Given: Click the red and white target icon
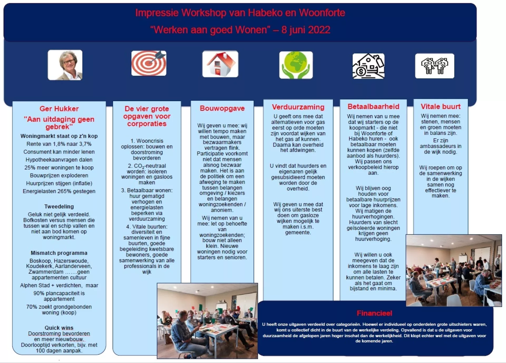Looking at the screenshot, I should pyautogui.click(x=149, y=63).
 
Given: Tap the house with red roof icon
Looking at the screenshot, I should pyautogui.click(x=220, y=64).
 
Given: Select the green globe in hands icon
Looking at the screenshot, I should pyautogui.click(x=296, y=65).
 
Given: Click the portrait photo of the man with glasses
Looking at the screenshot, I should pyautogui.click(x=65, y=65).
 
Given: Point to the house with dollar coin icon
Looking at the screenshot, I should pyautogui.click(x=368, y=66).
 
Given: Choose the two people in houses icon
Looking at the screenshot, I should pyautogui.click(x=435, y=66).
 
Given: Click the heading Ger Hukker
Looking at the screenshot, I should pyautogui.click(x=59, y=109).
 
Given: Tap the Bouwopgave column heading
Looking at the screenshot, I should pyautogui.click(x=222, y=108).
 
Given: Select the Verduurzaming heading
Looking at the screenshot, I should pyautogui.click(x=298, y=107).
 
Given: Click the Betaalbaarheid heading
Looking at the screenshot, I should pyautogui.click(x=373, y=106).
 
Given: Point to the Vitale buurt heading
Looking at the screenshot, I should pyautogui.click(x=440, y=106).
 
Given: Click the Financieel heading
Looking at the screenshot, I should pyautogui.click(x=374, y=313).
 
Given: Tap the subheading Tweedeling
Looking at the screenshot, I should pyautogui.click(x=59, y=207).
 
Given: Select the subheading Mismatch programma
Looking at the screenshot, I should pyautogui.click(x=59, y=253).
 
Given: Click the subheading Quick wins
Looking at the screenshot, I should pyautogui.click(x=59, y=328).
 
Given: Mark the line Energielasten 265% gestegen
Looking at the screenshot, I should pyautogui.click(x=59, y=191).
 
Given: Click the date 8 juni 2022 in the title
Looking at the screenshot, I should pyautogui.click(x=306, y=30).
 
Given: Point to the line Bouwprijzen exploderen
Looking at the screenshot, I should pyautogui.click(x=59, y=175).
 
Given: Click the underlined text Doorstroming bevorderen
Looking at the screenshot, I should pyautogui.click(x=59, y=333).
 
